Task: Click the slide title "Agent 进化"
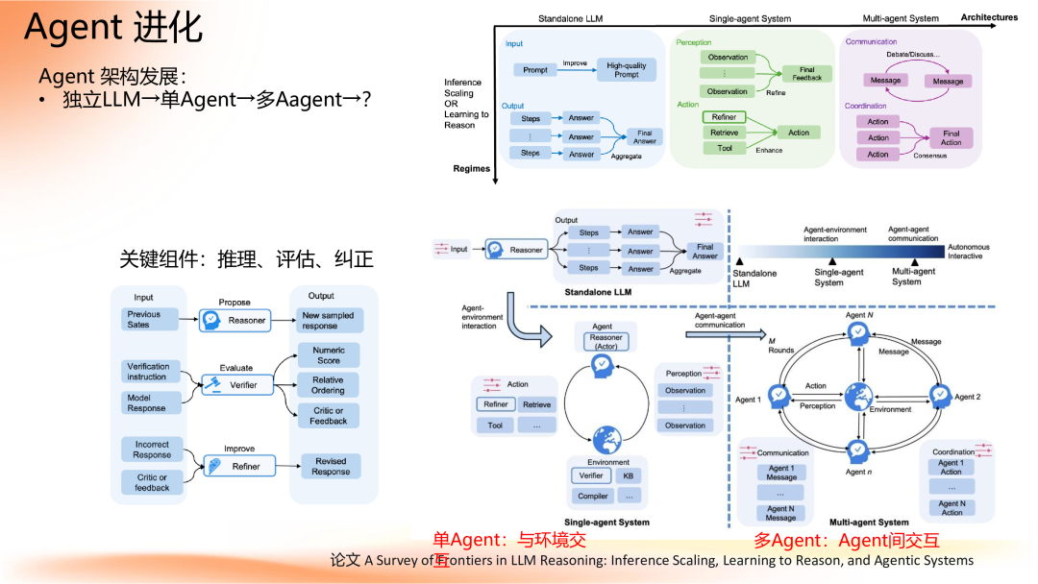113,29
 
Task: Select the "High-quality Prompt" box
627,69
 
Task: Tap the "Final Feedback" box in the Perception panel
806,73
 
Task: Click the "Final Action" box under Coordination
951,137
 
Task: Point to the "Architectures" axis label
989,17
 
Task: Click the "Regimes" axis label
471,168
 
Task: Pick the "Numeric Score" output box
329,355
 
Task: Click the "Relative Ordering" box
328,385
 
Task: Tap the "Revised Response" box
331,467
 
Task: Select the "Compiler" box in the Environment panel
593,496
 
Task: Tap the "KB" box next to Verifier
628,475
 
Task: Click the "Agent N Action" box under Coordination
951,508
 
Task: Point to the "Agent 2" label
967,397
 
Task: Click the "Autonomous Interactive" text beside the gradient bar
968,252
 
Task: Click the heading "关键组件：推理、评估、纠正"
246,259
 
